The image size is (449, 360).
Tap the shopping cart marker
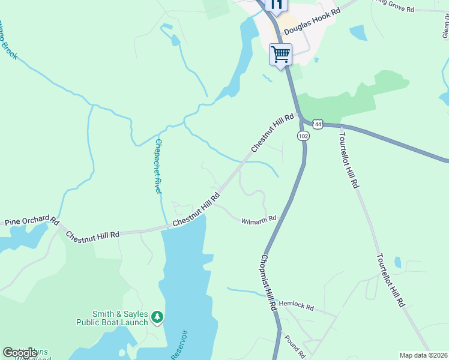(280, 55)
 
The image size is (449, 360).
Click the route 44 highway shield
(318, 124)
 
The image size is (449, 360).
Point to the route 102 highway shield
(303, 136)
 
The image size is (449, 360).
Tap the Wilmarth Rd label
(258, 220)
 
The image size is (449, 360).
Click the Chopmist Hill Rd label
(268, 281)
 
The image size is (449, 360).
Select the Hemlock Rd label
(297, 307)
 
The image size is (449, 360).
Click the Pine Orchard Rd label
(31, 221)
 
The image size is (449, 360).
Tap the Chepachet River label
(158, 166)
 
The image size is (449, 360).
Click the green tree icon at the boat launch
(157, 316)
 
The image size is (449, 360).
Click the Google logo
(20, 353)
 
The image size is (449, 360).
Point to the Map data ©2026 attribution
(424, 355)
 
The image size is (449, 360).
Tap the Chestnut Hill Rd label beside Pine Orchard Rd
(92, 234)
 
